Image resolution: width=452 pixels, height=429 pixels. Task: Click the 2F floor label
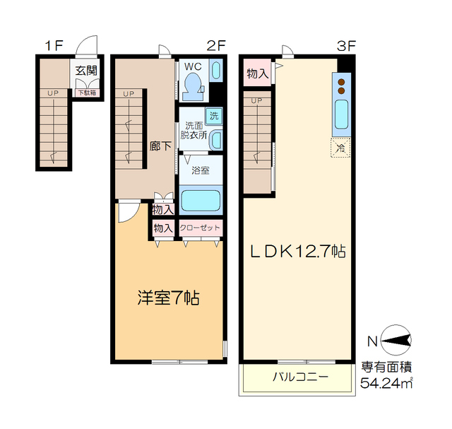coord(216,46)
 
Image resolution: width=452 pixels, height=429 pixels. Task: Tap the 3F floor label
coord(345,46)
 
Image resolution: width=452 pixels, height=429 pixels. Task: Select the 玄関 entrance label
coord(86,71)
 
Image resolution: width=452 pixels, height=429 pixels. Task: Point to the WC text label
coord(193,67)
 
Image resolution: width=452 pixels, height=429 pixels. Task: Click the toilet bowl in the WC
coord(191,87)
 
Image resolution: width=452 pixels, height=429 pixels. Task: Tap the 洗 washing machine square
coord(212,115)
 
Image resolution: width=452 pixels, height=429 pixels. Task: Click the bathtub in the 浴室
coord(201,199)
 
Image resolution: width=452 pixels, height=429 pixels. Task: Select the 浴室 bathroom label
coord(201,170)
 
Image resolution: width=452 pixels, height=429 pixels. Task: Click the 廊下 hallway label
coord(160,146)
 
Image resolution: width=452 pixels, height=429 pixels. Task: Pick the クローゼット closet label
coord(200,228)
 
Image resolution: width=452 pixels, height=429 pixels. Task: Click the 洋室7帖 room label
coord(168,298)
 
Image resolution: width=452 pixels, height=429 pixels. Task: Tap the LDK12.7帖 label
coord(296,251)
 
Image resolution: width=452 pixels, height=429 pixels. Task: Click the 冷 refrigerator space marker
coord(340,148)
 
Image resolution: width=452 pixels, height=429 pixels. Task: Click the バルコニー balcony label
coord(300,377)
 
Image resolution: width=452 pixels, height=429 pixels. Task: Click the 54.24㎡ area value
coord(386,384)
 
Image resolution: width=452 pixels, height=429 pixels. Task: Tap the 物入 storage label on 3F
coord(257,74)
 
